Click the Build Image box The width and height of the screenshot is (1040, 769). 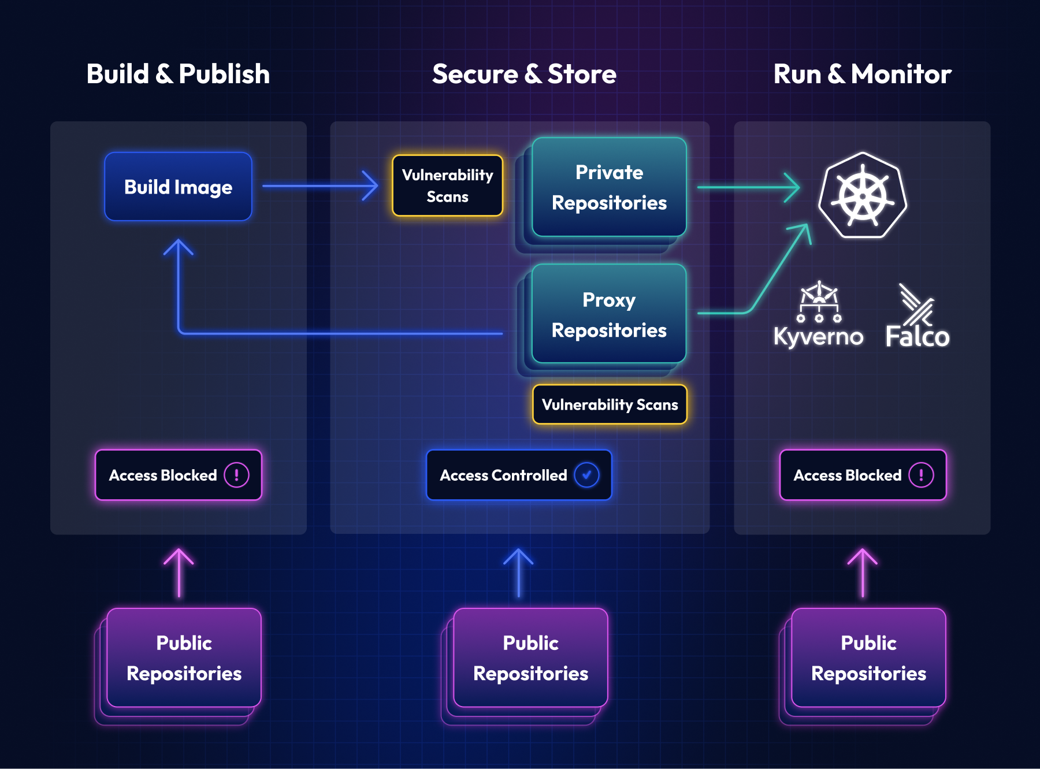click(x=178, y=187)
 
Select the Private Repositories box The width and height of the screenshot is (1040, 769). click(x=609, y=187)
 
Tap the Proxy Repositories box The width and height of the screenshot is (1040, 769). click(x=609, y=314)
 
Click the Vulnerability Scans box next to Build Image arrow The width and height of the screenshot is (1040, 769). click(x=447, y=185)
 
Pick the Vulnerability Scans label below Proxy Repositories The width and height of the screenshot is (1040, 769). click(x=610, y=404)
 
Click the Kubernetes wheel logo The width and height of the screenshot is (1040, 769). click(x=863, y=195)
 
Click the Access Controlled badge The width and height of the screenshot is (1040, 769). click(x=518, y=475)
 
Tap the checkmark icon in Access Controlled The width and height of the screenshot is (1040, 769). click(x=586, y=475)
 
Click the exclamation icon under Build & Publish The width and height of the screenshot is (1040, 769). click(x=236, y=475)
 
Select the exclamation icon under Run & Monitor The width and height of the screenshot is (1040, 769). click(x=920, y=475)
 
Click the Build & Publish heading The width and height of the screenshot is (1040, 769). click(x=178, y=74)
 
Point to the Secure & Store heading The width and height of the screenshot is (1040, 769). click(x=524, y=74)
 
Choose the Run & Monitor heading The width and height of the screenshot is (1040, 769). click(x=862, y=74)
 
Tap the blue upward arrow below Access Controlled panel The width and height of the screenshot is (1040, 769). click(x=518, y=572)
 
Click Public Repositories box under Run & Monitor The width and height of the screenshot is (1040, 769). click(x=868, y=658)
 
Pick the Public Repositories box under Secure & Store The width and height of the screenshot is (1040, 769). click(x=530, y=658)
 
